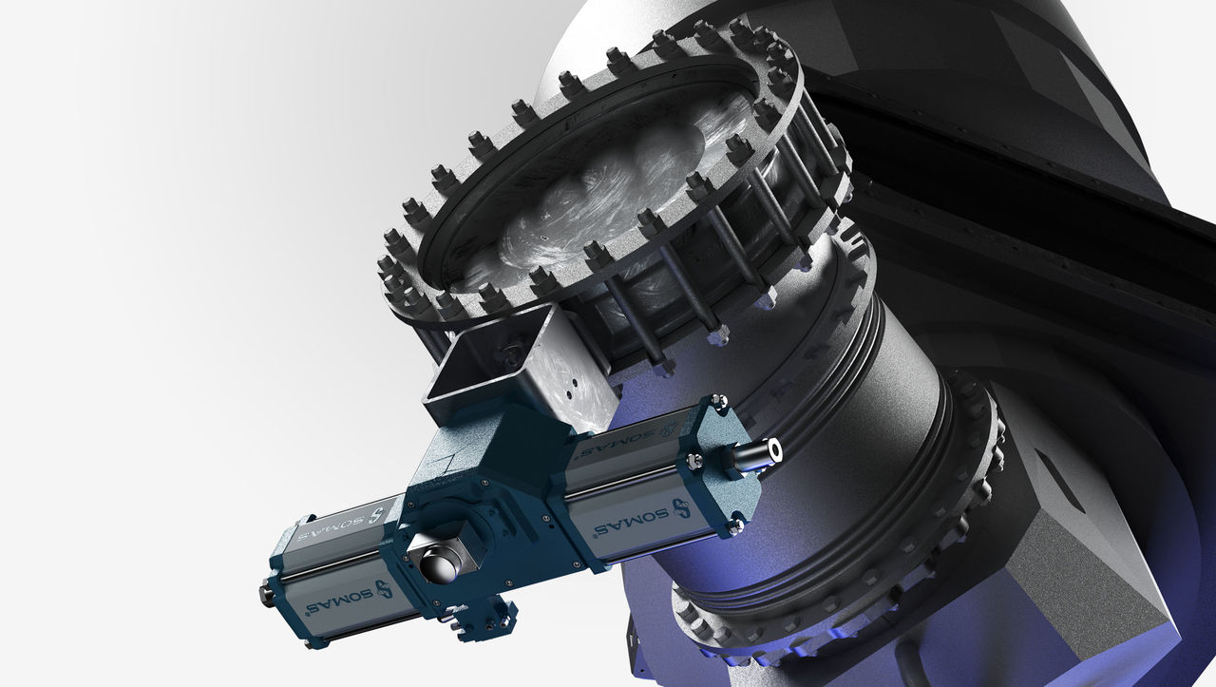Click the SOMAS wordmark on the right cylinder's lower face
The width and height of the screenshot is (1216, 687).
631,521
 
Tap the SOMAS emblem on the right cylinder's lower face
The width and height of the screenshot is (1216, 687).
681,507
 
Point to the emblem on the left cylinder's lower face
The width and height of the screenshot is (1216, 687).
383,589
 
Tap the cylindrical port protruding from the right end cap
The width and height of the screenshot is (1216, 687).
757,454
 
